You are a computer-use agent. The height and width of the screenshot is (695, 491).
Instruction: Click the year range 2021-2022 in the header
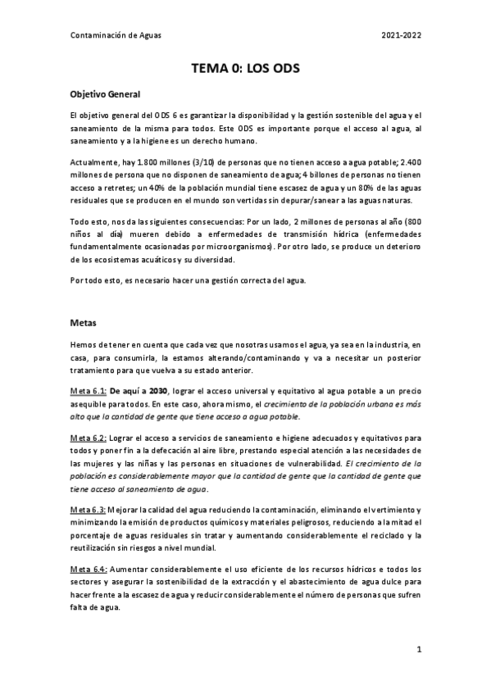pyautogui.click(x=402, y=35)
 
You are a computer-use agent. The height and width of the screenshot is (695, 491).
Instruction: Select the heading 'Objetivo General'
pyautogui.click(x=105, y=94)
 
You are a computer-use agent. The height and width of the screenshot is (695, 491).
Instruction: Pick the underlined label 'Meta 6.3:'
pyautogui.click(x=89, y=509)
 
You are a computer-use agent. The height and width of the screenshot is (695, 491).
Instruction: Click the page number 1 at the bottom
pyautogui.click(x=418, y=650)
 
